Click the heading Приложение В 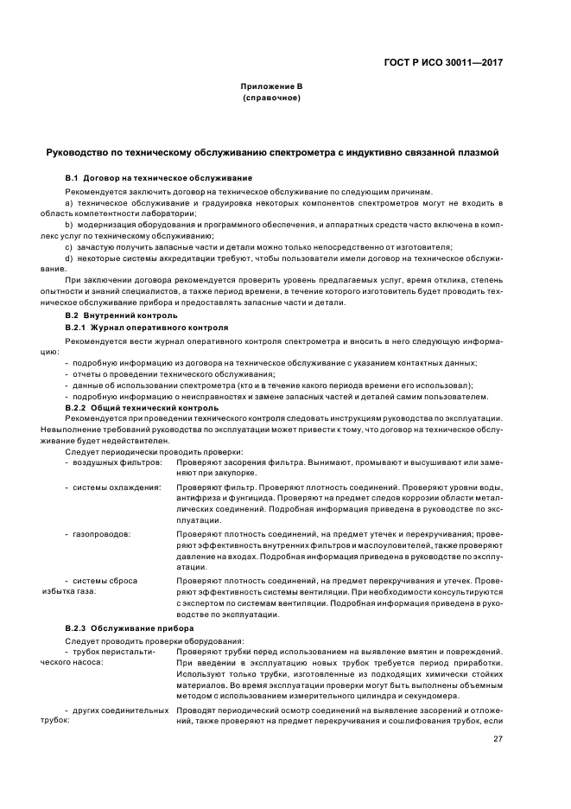(x=270, y=86)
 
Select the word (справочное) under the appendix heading (x=271, y=98)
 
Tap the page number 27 (x=498, y=738)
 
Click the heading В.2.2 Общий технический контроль (x=131, y=406)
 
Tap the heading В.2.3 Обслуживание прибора (x=123, y=626)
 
